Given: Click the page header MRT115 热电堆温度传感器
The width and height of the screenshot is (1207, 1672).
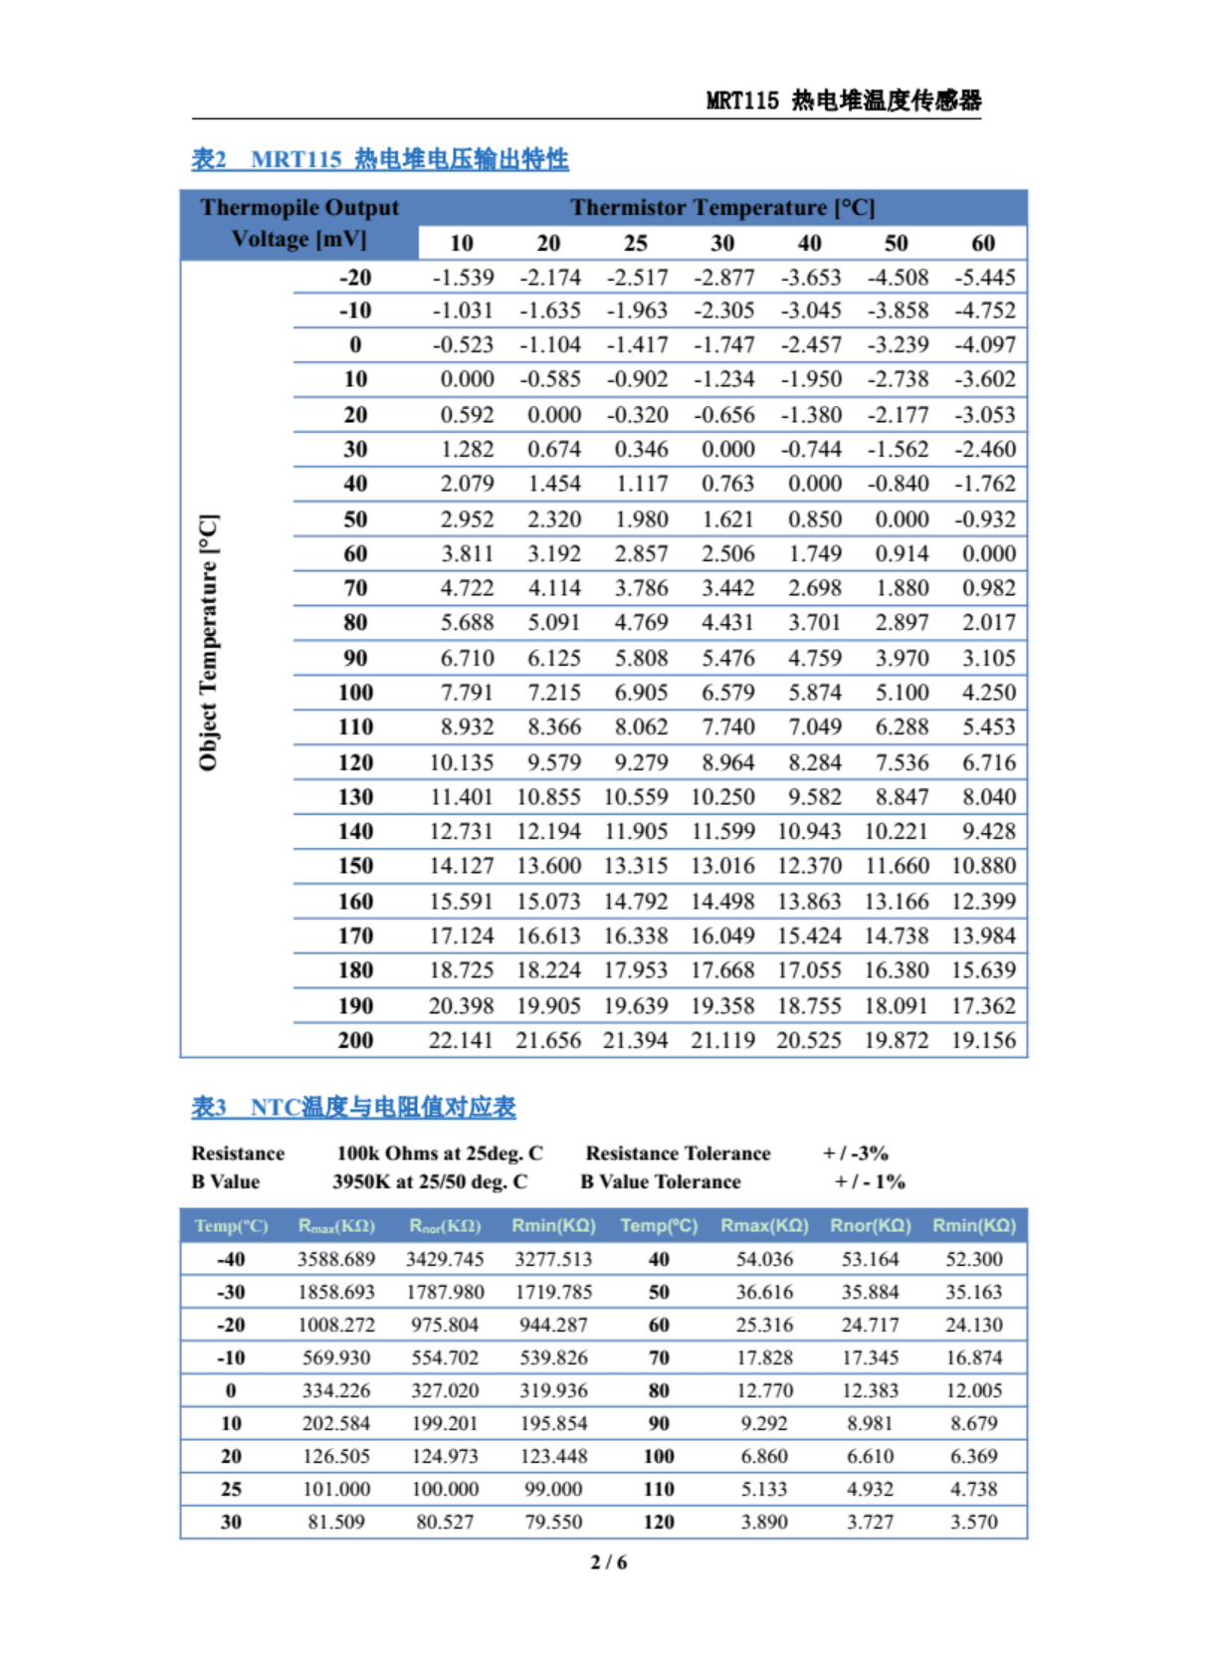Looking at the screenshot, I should tap(843, 101).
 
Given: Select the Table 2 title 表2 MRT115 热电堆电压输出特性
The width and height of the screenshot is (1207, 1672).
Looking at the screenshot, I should tap(379, 159).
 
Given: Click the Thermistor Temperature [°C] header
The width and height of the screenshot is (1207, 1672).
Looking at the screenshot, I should tap(722, 208).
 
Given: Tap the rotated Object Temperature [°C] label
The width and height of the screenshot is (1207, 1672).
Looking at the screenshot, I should tap(208, 643).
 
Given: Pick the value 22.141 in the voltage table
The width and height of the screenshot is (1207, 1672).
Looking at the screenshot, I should tap(461, 1040).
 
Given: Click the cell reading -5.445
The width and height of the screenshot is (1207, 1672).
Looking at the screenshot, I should tap(984, 278).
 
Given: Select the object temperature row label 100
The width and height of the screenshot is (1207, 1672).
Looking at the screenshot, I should tap(355, 693).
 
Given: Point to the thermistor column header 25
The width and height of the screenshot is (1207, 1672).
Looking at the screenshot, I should tap(635, 243).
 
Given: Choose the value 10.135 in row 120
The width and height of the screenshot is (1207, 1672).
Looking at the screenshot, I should tap(461, 762).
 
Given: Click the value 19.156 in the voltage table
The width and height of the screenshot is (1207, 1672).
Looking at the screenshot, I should tap(983, 1040).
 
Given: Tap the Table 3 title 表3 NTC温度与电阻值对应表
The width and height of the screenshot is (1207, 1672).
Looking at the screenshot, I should tap(353, 1108).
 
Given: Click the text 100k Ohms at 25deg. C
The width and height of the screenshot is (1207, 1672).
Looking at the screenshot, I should tap(439, 1153).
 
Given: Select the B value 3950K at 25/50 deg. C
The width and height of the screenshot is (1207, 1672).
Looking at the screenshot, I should tap(430, 1182).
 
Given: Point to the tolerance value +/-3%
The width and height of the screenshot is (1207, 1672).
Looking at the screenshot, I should tap(855, 1153).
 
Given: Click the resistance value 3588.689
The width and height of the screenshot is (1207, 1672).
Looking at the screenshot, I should tap(336, 1259).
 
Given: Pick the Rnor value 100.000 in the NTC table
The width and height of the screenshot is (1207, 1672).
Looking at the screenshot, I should tap(445, 1489).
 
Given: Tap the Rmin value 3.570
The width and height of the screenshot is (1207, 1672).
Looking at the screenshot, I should tap(973, 1522).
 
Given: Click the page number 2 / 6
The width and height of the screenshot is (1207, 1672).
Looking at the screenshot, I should tap(609, 1563).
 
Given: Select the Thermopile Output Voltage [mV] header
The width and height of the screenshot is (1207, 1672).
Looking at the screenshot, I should tap(300, 223).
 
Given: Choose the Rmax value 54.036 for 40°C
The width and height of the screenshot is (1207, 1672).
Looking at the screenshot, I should tap(764, 1259).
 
